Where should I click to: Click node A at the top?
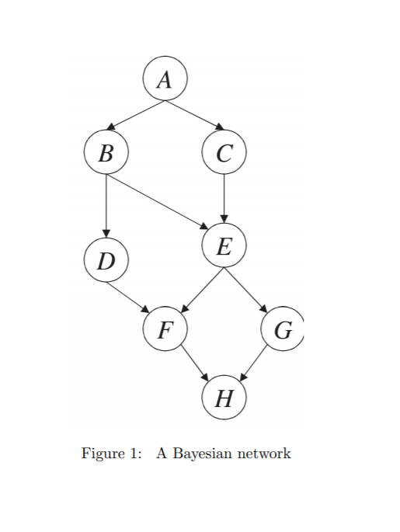[165, 78]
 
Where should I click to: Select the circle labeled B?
[106, 152]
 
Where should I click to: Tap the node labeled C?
[224, 152]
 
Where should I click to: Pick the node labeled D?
[106, 261]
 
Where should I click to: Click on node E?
[224, 247]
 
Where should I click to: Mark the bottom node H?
[224, 398]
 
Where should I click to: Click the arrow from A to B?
[137, 114]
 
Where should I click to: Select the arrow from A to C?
[193, 114]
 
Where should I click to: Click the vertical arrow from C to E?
[224, 199]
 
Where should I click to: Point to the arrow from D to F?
[128, 298]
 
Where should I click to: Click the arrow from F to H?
[194, 363]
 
